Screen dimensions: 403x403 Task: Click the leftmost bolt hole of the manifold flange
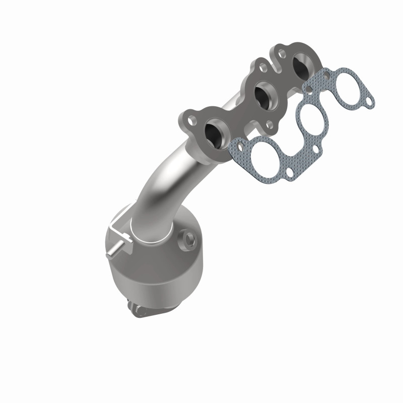coord(191,121)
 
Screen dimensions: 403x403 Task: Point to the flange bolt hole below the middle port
coord(271,122)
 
